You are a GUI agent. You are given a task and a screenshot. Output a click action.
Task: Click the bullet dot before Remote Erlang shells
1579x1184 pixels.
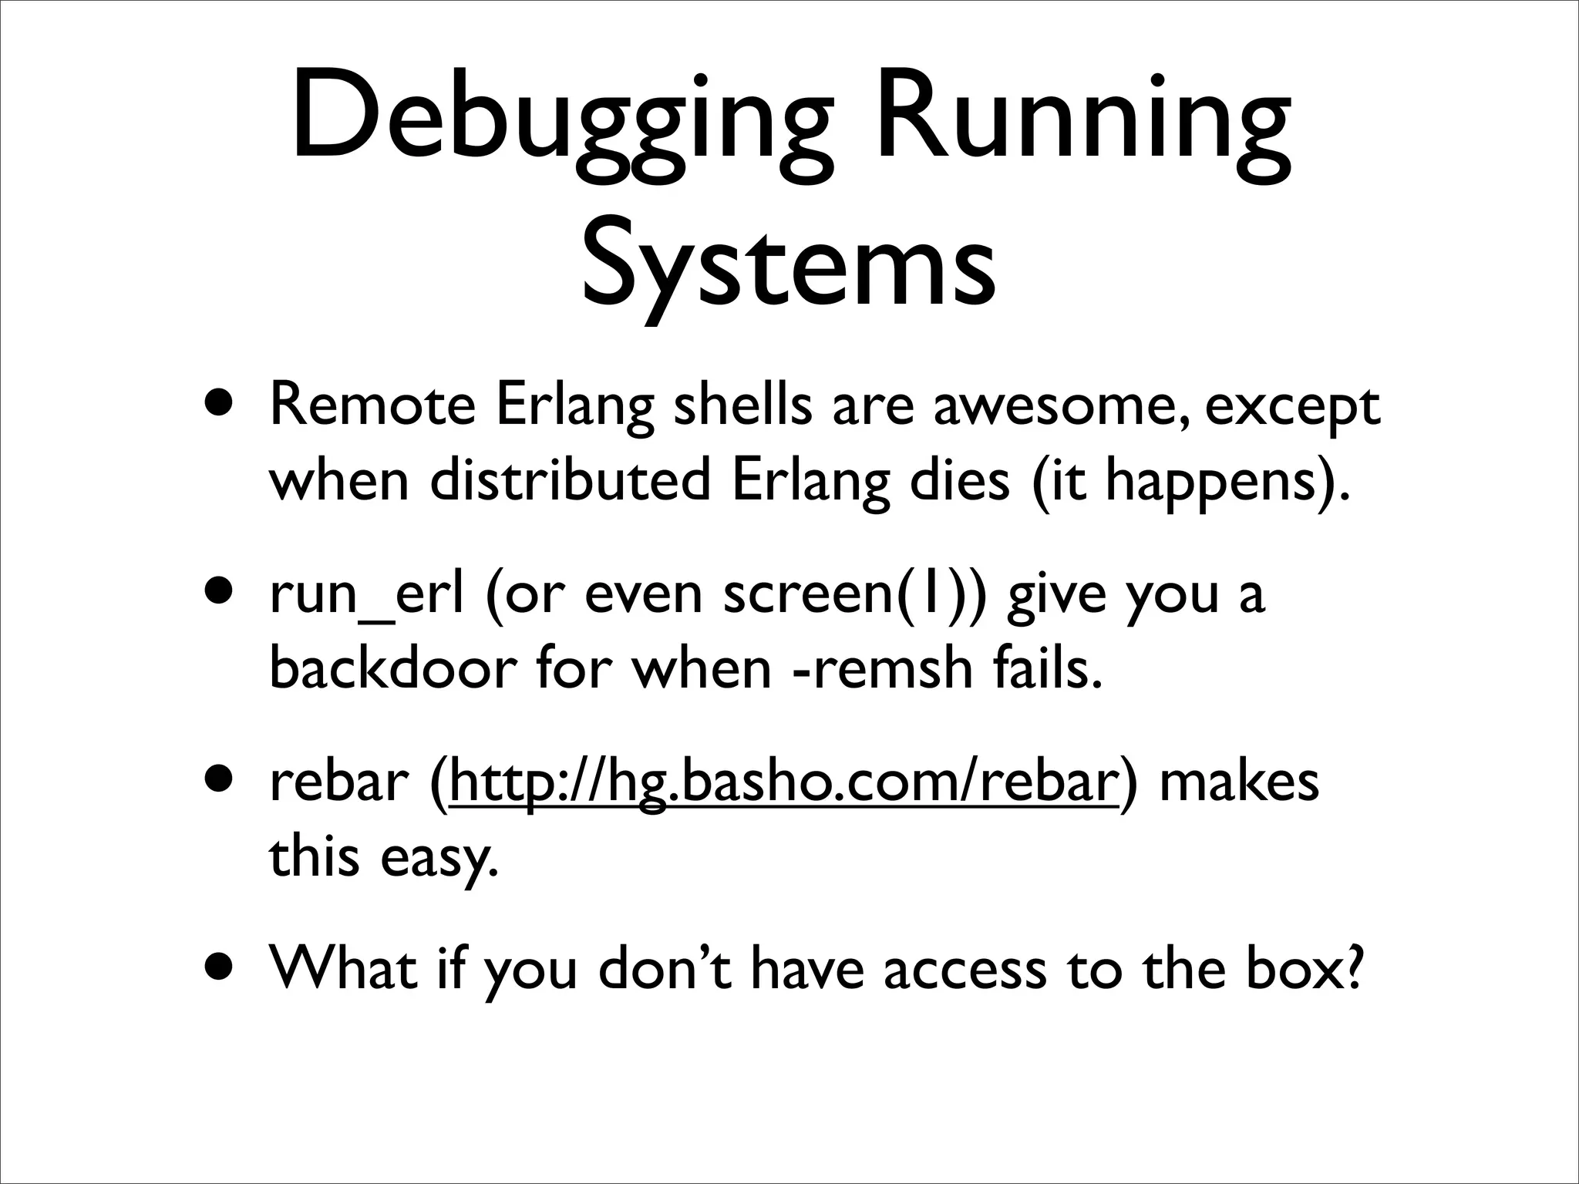(x=221, y=402)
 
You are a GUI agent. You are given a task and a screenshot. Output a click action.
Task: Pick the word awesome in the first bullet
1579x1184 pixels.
(x=1055, y=407)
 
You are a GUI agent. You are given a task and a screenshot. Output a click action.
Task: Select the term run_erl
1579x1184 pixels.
(x=367, y=595)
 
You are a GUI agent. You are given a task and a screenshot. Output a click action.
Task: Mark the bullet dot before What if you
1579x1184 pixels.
(x=221, y=968)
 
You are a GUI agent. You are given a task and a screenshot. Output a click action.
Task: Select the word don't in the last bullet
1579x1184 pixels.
(x=663, y=969)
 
